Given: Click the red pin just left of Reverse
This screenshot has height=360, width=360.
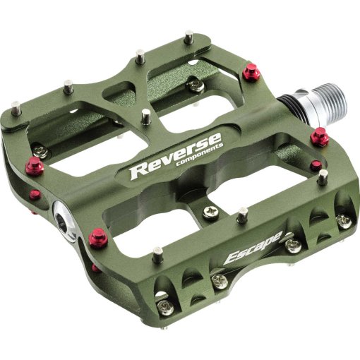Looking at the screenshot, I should (35, 167).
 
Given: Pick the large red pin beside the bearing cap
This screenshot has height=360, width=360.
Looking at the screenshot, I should (99, 238).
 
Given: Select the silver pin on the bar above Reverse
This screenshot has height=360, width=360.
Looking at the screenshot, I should (145, 116).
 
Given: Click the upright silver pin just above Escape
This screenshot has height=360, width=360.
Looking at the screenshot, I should (242, 213).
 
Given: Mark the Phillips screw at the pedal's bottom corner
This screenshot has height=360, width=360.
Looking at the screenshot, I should (165, 307).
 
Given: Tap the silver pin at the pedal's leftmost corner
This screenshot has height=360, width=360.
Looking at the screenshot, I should (16, 108).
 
